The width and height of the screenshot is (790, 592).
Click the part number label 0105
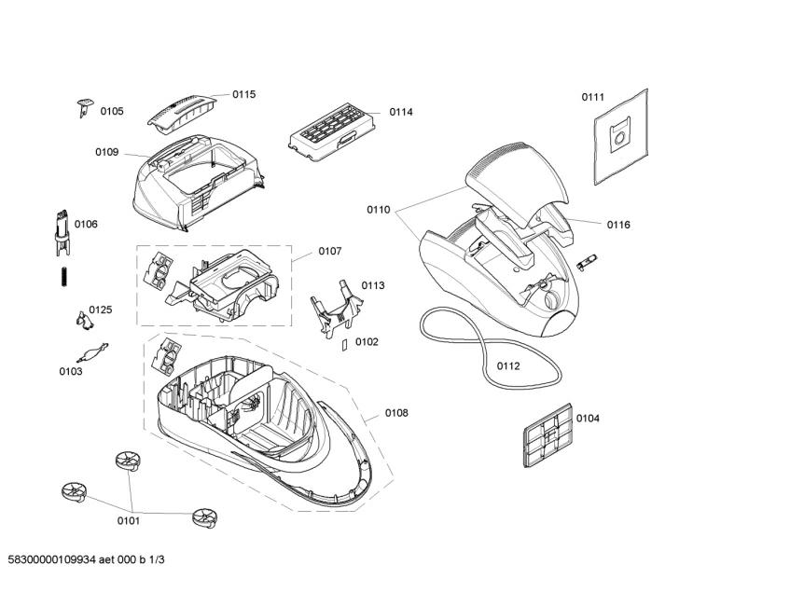point(112,112)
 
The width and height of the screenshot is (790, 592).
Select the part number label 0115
point(244,94)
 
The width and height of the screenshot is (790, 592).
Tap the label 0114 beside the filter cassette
point(401,112)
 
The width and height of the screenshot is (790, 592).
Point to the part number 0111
point(593,97)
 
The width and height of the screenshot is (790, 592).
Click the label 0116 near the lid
point(618,225)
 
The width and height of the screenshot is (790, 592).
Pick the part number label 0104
point(588,418)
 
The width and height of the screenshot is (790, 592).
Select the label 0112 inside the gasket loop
point(508,365)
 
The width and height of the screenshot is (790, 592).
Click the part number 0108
point(395,413)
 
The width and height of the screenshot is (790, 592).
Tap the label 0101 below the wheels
point(129,519)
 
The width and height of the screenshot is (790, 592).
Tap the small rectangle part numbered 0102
point(344,344)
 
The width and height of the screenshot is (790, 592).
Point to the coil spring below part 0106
point(63,276)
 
